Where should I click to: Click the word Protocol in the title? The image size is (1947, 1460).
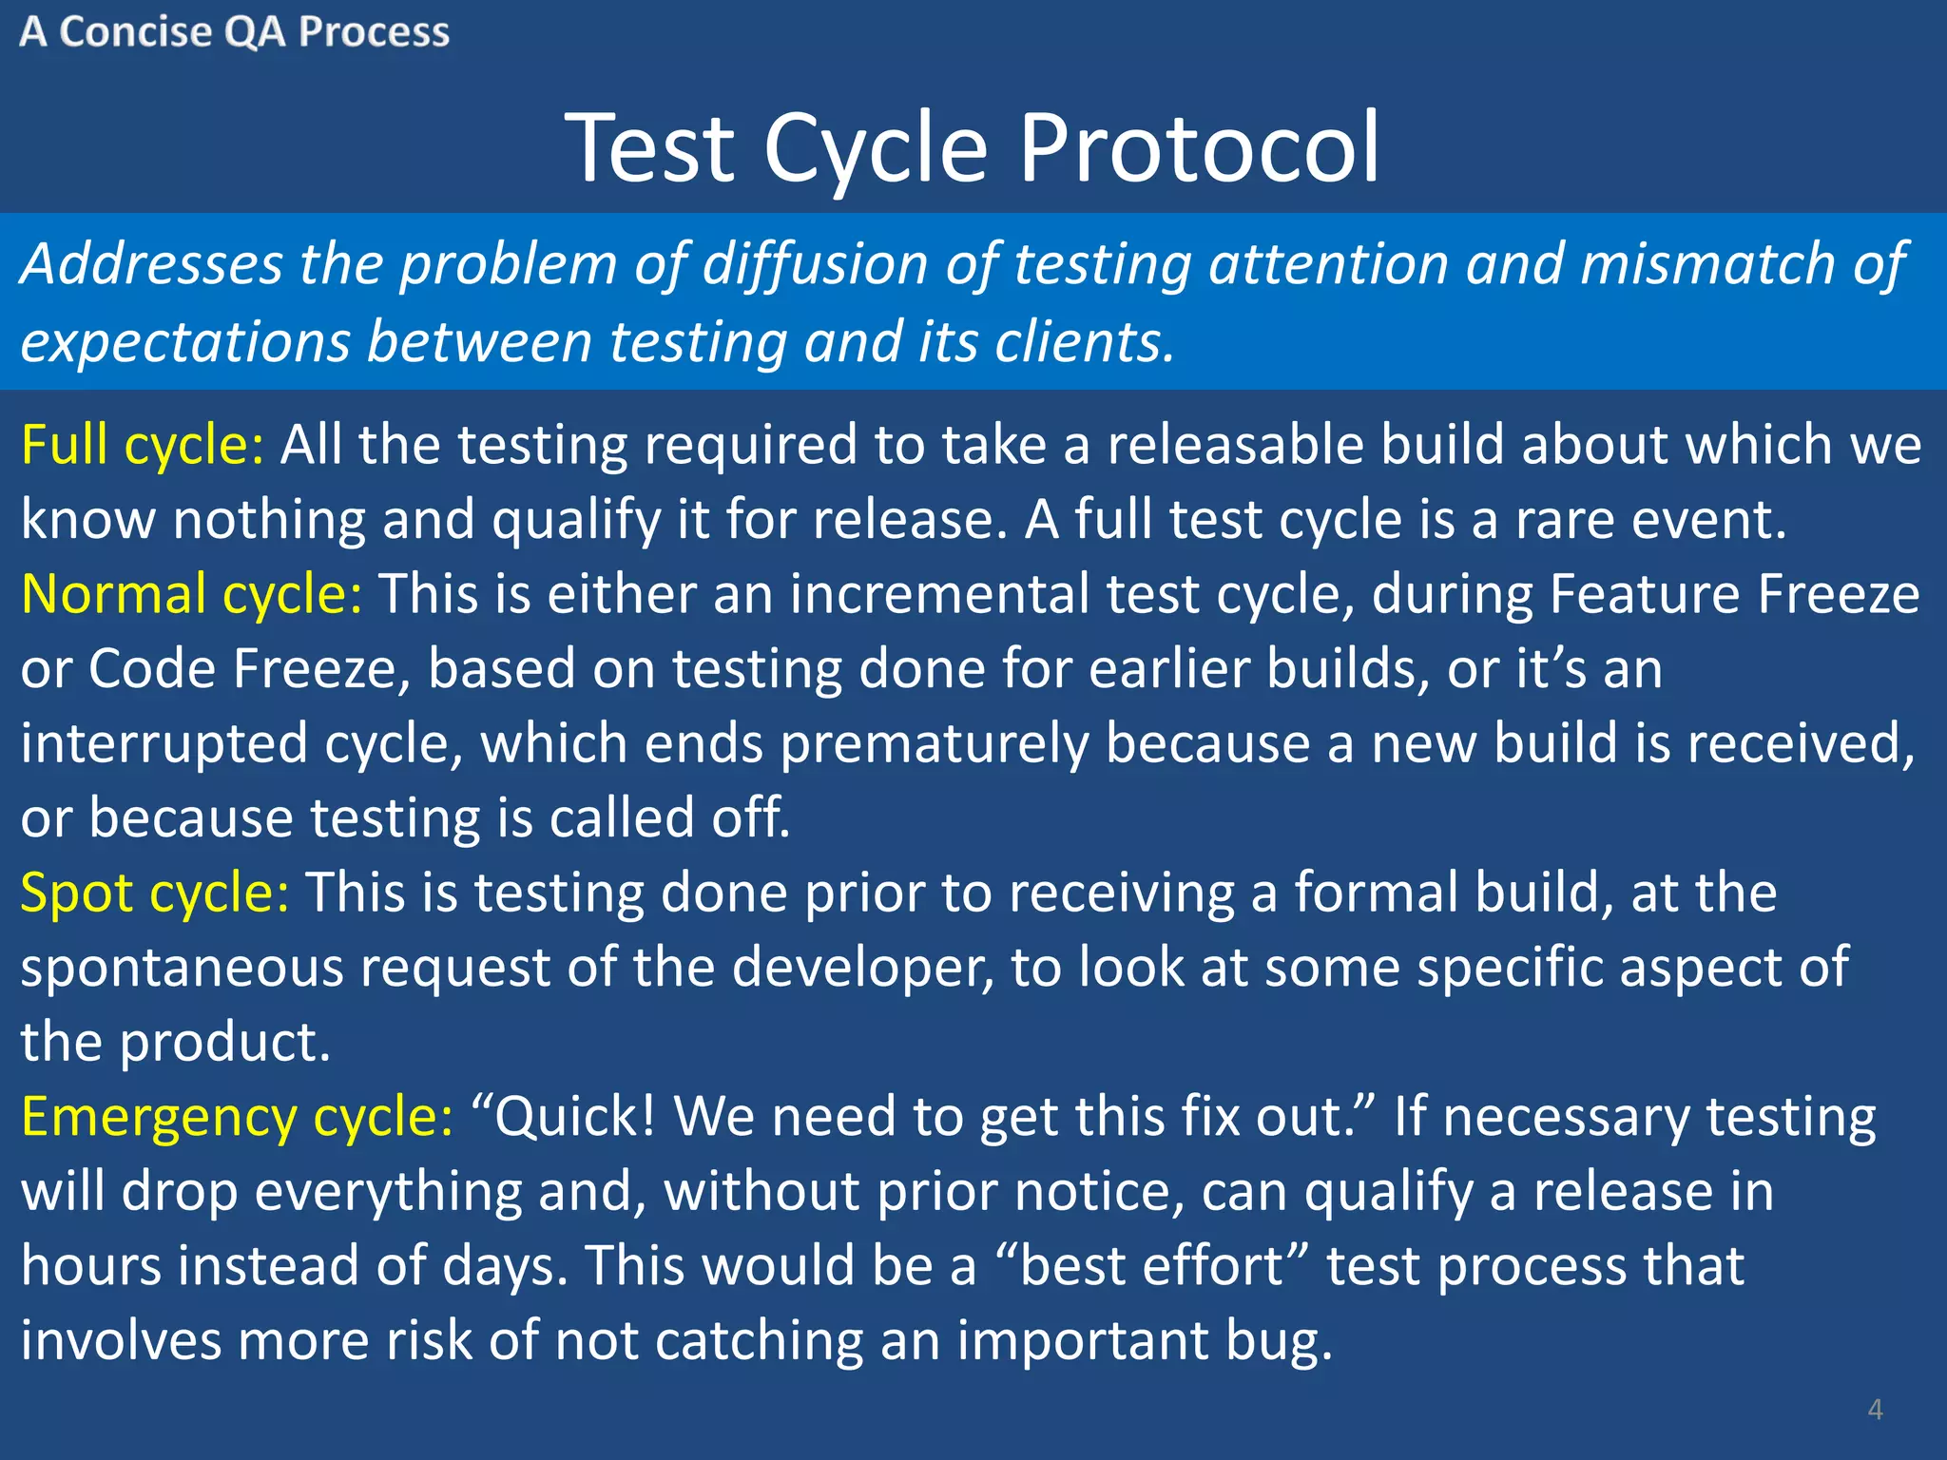[x=1199, y=147]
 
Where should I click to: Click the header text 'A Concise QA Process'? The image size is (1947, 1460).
[x=234, y=32]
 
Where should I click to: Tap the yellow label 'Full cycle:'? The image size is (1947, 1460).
[x=143, y=445]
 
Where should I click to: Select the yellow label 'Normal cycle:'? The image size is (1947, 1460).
[x=191, y=594]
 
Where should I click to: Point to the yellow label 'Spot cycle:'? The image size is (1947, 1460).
[x=155, y=893]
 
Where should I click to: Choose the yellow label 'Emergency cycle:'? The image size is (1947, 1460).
[x=237, y=1116]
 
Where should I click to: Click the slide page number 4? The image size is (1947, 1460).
[x=1875, y=1409]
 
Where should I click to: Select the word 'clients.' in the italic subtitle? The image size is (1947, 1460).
[x=1084, y=341]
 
